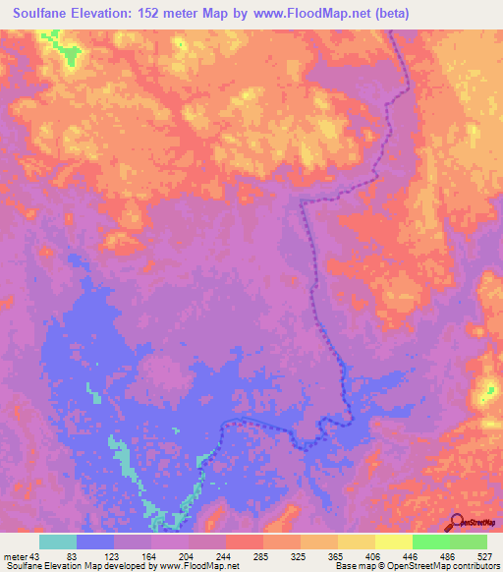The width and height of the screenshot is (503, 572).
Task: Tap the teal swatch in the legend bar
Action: pyautogui.click(x=58, y=543)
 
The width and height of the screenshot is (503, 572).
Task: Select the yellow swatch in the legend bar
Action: pyautogui.click(x=356, y=543)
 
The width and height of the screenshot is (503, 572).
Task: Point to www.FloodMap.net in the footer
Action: pyautogui.click(x=200, y=566)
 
